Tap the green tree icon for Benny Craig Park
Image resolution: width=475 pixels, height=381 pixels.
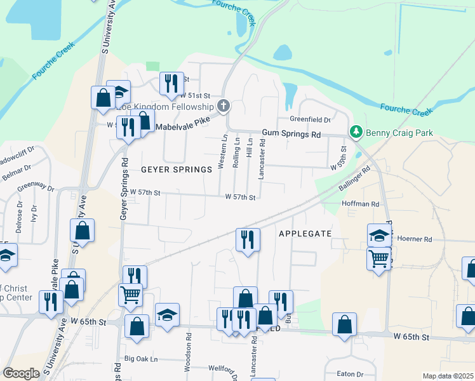tap(357, 132)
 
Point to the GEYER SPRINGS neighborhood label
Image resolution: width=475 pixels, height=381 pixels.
tap(176, 170)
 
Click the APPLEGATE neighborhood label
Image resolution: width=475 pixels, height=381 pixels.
tap(305, 234)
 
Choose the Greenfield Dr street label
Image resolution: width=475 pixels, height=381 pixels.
tap(311, 119)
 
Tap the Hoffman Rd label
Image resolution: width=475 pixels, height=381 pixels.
tap(360, 204)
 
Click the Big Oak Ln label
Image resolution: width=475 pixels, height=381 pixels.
tap(141, 359)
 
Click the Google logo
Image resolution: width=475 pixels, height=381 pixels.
tap(21, 373)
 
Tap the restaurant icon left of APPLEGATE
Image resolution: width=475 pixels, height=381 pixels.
tap(246, 239)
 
